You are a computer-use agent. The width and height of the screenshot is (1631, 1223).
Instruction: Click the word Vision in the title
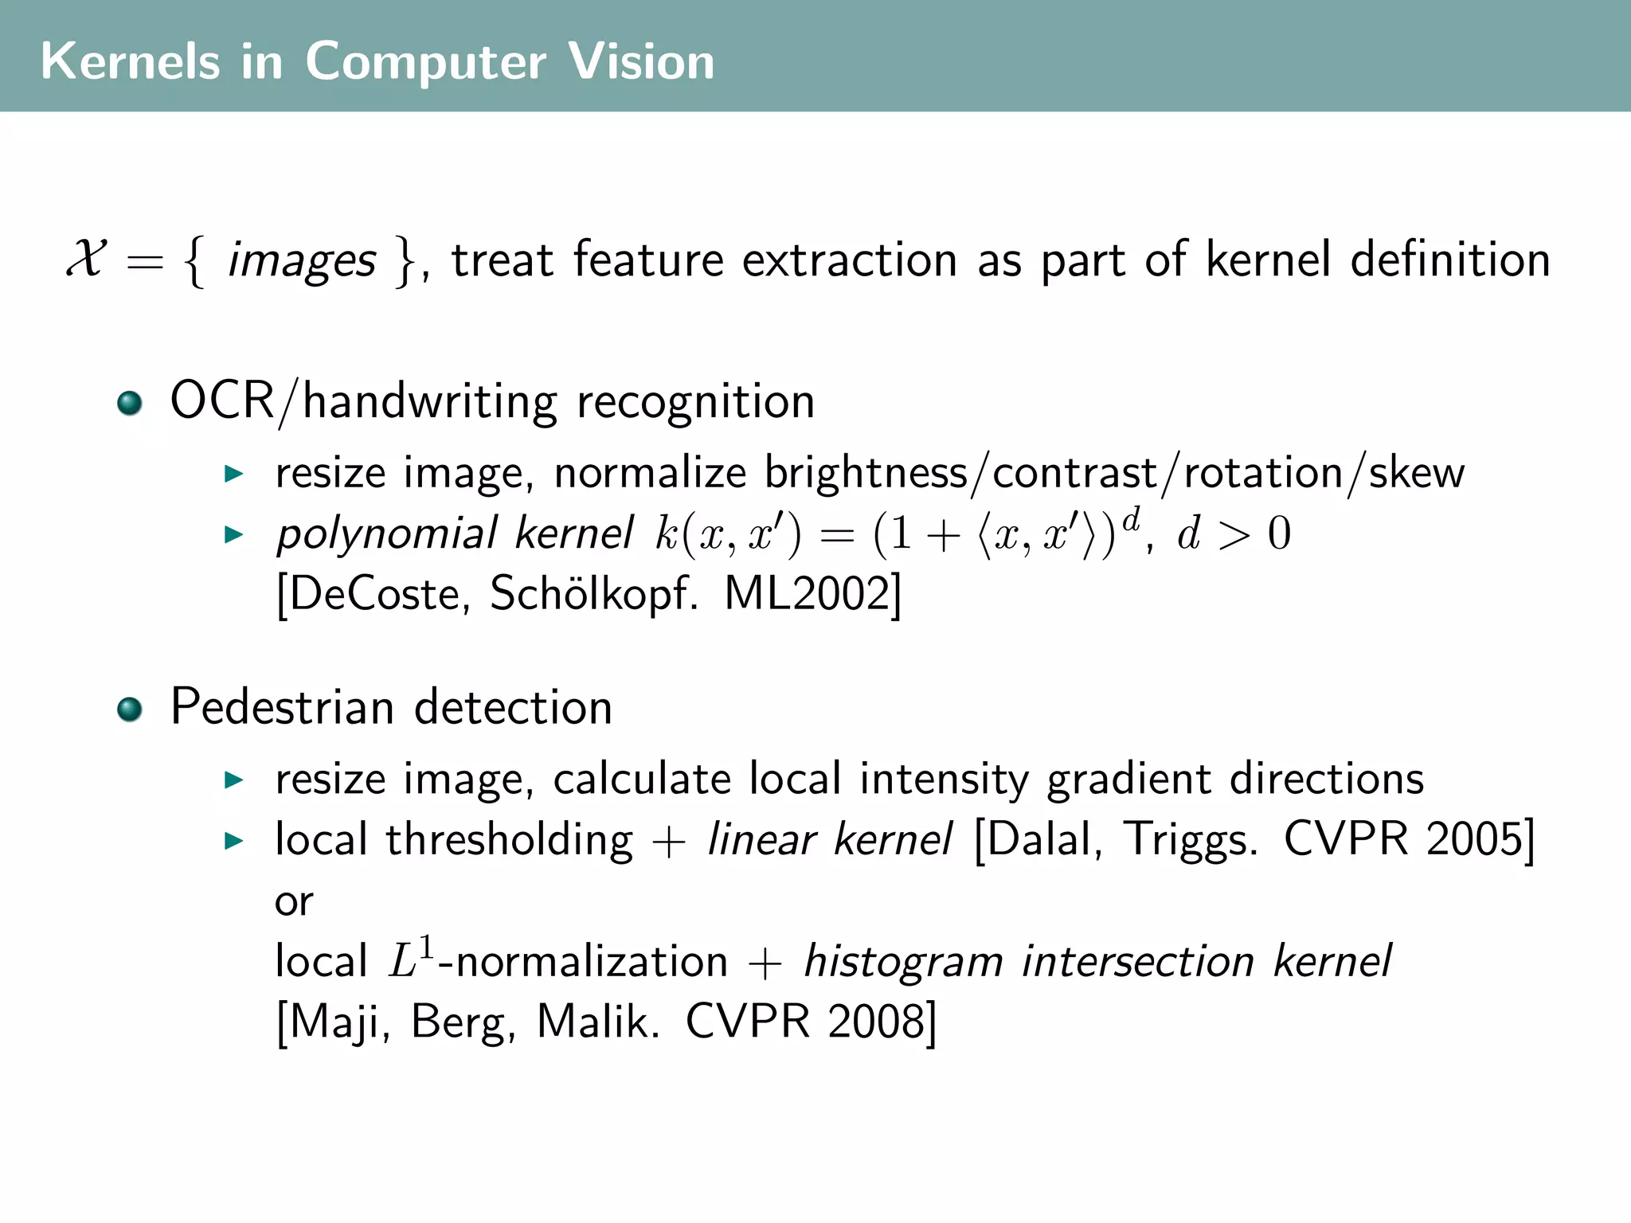[641, 61]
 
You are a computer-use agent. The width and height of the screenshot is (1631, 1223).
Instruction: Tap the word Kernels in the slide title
[130, 61]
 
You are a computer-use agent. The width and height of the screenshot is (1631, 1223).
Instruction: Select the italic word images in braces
[301, 261]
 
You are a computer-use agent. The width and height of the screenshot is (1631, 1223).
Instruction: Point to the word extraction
[850, 260]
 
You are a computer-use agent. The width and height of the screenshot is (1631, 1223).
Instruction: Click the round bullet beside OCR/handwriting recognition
[129, 403]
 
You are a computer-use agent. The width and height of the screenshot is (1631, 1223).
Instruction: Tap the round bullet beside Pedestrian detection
[129, 709]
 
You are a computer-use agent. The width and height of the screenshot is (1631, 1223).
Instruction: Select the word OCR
[222, 400]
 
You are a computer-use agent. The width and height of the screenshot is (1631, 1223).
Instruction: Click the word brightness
[866, 473]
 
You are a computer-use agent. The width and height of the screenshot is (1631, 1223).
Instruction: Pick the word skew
[1416, 473]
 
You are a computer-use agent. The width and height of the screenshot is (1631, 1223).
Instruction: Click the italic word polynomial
[387, 533]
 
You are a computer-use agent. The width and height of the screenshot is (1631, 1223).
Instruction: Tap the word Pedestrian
[283, 707]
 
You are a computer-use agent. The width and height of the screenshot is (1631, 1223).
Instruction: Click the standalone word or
[294, 902]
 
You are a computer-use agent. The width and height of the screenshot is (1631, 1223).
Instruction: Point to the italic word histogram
[903, 962]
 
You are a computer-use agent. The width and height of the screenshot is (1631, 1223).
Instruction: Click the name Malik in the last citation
[598, 1022]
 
